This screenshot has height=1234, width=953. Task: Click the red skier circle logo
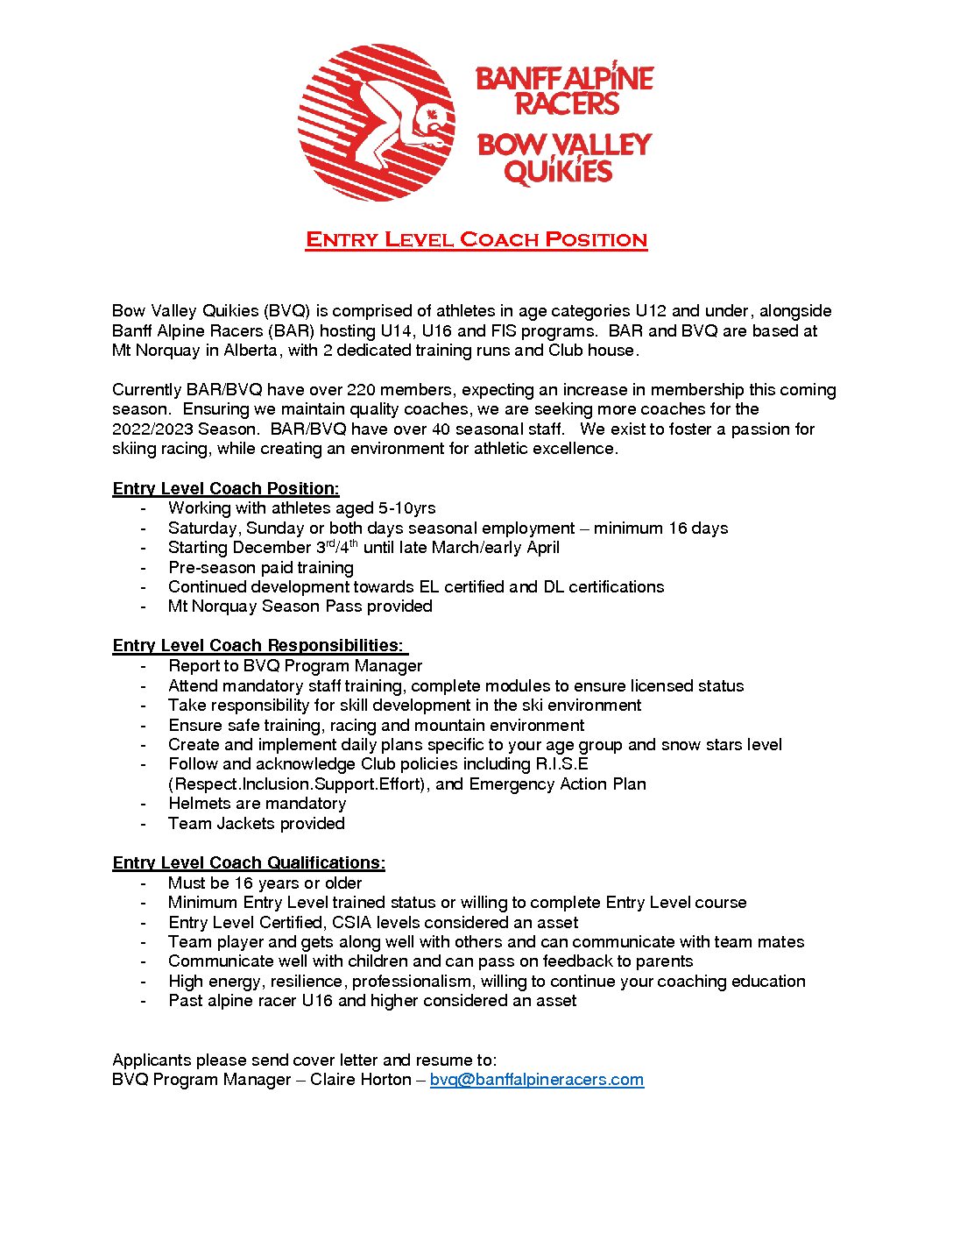(376, 123)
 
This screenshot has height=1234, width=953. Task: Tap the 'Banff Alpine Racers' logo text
(565, 90)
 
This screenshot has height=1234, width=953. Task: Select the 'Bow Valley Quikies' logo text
(564, 159)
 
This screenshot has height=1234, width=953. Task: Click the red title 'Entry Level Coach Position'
(476, 239)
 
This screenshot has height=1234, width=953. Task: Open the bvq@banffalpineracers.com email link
(536, 1080)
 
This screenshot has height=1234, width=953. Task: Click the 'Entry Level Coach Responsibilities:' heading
(258, 646)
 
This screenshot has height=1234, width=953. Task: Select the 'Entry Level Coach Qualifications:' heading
(249, 863)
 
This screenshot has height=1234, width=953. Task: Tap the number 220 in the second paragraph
(361, 390)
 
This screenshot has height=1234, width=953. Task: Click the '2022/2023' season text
(152, 429)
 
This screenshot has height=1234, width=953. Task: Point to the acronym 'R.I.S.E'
(561, 764)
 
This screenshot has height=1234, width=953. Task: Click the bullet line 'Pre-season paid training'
(261, 568)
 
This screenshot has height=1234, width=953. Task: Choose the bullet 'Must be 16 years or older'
(265, 883)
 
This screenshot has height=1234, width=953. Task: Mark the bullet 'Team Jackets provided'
(257, 824)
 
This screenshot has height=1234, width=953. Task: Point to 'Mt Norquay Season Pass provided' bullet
(300, 606)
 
